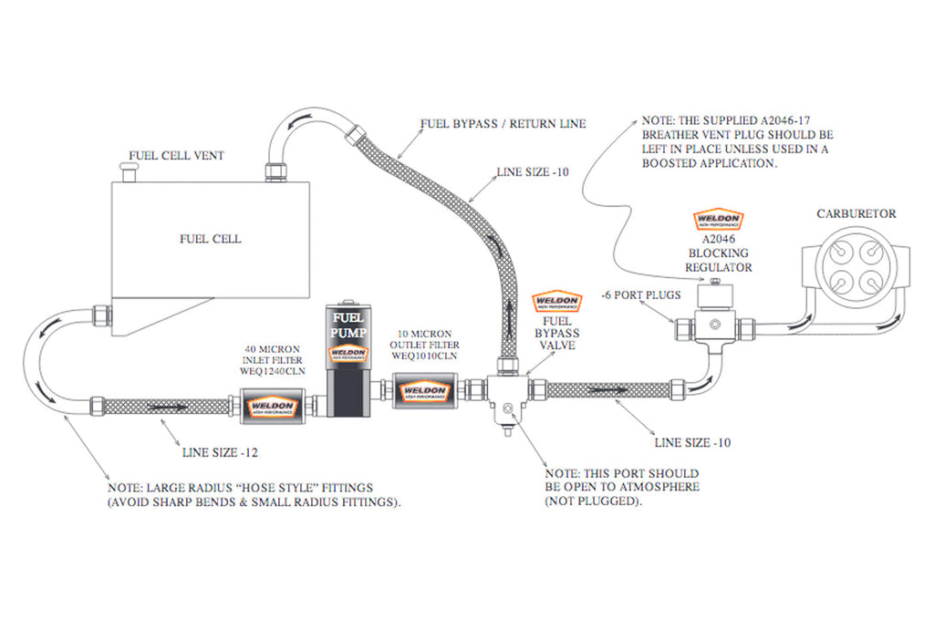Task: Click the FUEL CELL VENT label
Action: [x=176, y=154]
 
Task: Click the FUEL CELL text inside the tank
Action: [x=210, y=239]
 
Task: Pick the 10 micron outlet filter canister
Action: [x=425, y=392]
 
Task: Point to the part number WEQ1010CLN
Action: [x=425, y=357]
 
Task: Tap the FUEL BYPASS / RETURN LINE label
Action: [x=503, y=123]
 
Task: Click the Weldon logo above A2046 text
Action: [x=719, y=220]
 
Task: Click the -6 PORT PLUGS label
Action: [x=640, y=295]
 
